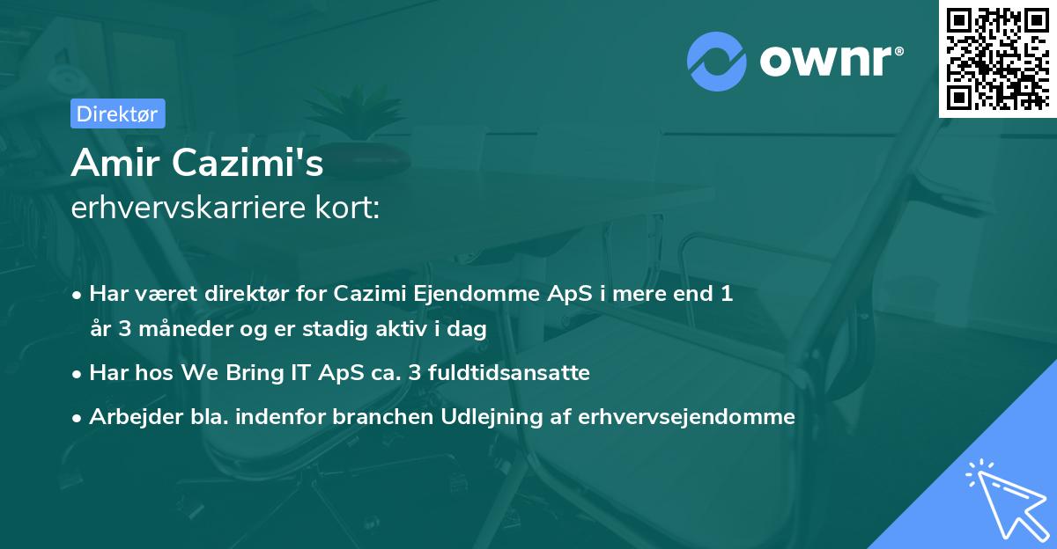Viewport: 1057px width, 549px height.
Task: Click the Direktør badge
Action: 117,113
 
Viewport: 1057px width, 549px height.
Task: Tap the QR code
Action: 998,58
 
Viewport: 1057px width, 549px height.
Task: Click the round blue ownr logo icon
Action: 716,61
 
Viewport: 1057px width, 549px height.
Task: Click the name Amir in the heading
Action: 115,164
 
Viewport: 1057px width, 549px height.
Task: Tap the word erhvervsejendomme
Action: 687,417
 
